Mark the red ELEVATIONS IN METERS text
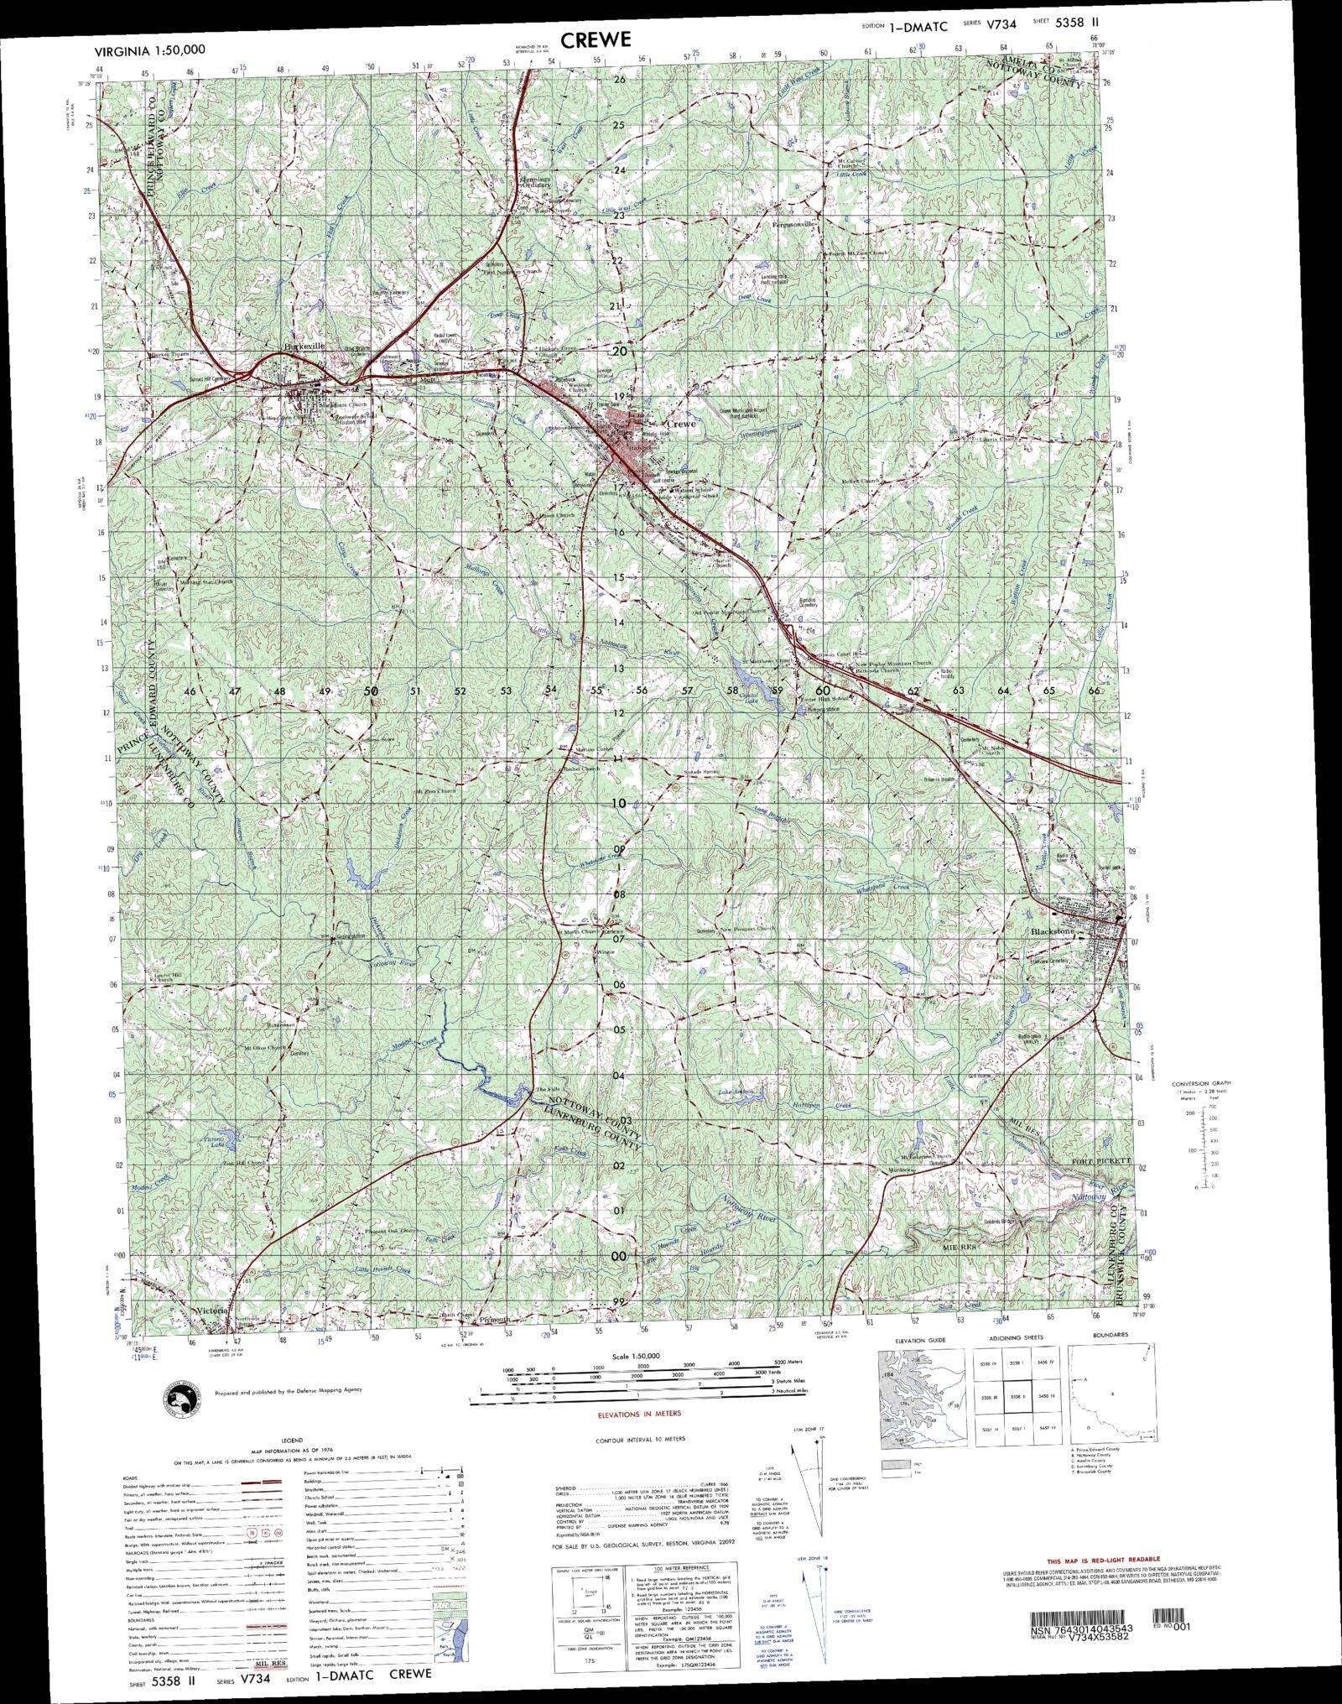[x=638, y=1414]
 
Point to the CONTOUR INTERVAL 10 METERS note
[x=639, y=1439]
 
